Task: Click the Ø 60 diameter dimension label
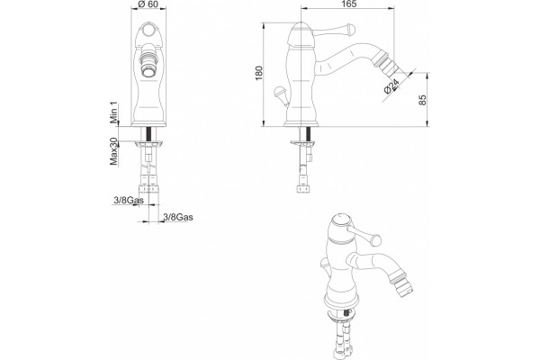pyautogui.click(x=148, y=4)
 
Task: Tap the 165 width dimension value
pyautogui.click(x=349, y=4)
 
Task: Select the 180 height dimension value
pyautogui.click(x=259, y=73)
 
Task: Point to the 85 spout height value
pyautogui.click(x=423, y=100)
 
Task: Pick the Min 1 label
pyautogui.click(x=113, y=112)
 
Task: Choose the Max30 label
pyautogui.click(x=113, y=151)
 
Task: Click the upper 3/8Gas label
pyautogui.click(x=129, y=200)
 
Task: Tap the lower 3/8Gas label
pyautogui.click(x=177, y=217)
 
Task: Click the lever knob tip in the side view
pyautogui.click(x=351, y=29)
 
